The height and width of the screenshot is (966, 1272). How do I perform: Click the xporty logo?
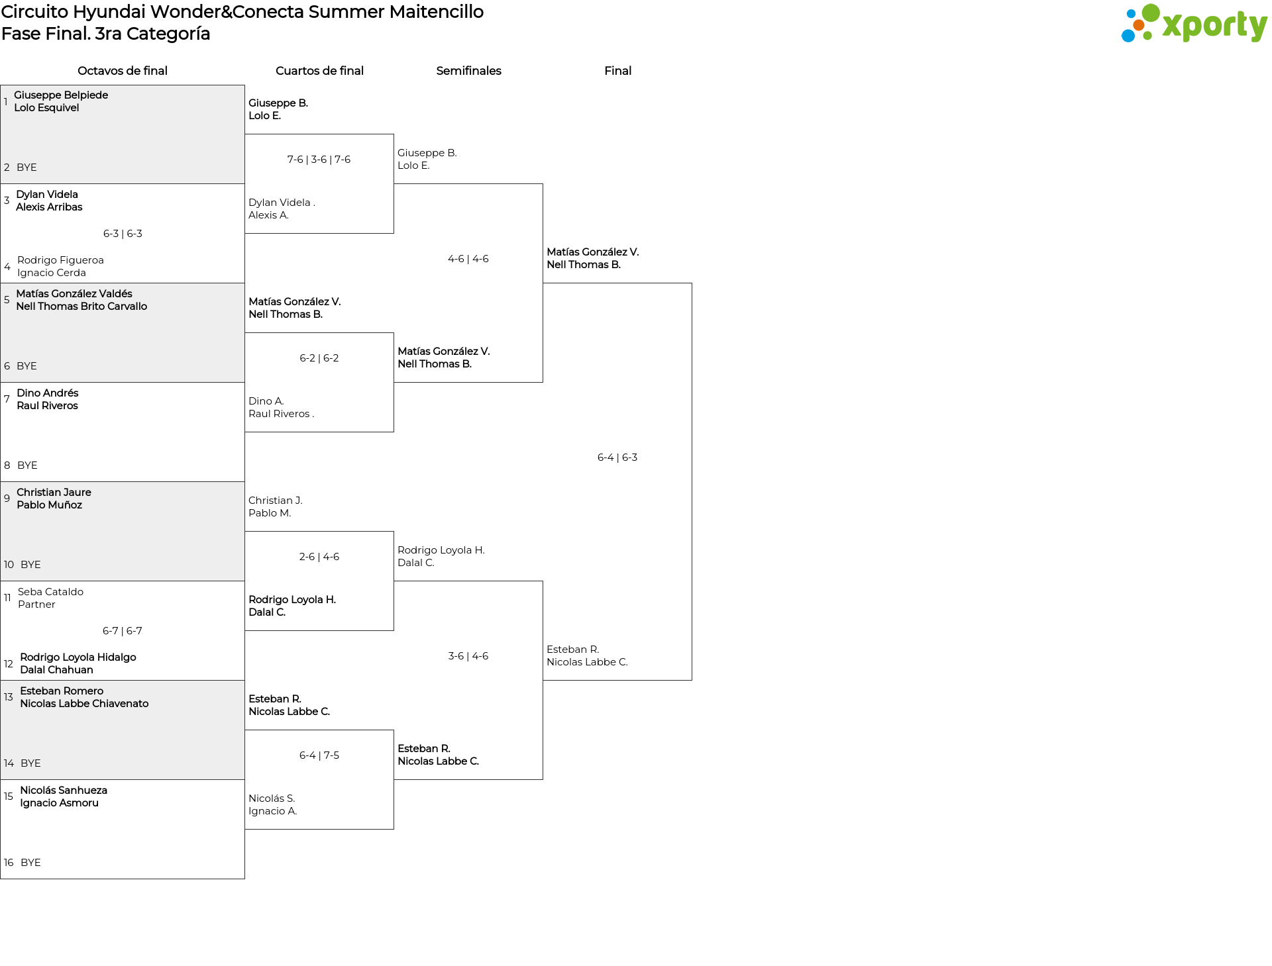[1194, 24]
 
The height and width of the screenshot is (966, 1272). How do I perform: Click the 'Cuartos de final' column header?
[319, 71]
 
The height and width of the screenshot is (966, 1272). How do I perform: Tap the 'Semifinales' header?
[468, 71]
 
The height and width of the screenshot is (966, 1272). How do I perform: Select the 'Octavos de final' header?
[122, 71]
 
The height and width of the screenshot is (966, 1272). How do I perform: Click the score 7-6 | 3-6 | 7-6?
[319, 160]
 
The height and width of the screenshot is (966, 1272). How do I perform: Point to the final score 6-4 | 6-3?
[617, 458]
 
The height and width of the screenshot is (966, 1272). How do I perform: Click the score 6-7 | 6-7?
[122, 631]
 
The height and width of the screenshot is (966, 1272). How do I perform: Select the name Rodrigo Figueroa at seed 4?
[60, 260]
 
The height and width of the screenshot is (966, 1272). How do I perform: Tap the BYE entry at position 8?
[27, 465]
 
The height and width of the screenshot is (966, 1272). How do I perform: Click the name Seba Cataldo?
[50, 592]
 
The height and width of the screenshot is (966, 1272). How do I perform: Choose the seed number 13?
[9, 697]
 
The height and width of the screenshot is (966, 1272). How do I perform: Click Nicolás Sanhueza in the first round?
[64, 791]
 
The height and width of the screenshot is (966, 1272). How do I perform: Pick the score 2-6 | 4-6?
[319, 557]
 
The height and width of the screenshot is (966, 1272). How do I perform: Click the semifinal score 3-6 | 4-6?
[468, 656]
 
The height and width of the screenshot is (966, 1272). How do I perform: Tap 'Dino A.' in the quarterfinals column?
[266, 401]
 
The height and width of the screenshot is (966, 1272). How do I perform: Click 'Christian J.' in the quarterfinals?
[275, 501]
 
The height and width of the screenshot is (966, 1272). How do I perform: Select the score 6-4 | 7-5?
[319, 755]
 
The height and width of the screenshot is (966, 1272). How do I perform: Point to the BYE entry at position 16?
[30, 863]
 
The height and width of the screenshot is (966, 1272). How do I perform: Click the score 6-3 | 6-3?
[123, 234]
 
